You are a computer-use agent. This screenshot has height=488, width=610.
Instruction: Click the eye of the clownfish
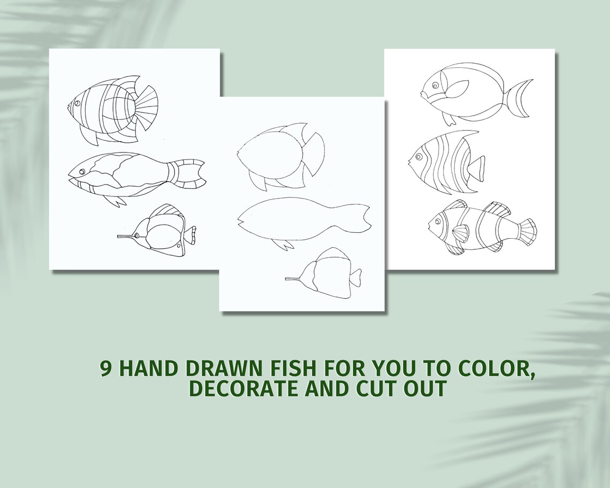coord(438,219)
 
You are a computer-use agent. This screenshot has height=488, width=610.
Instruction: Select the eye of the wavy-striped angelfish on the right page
coord(418,157)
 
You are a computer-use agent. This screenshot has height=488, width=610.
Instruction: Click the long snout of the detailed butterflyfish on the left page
coord(126,236)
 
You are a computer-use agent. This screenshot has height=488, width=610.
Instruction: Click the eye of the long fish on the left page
coord(81,171)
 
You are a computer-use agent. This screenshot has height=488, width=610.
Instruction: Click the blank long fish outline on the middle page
coord(300,220)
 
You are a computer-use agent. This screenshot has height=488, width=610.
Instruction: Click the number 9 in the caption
coord(106,369)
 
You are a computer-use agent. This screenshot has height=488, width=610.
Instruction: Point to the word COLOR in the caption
coord(497,369)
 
